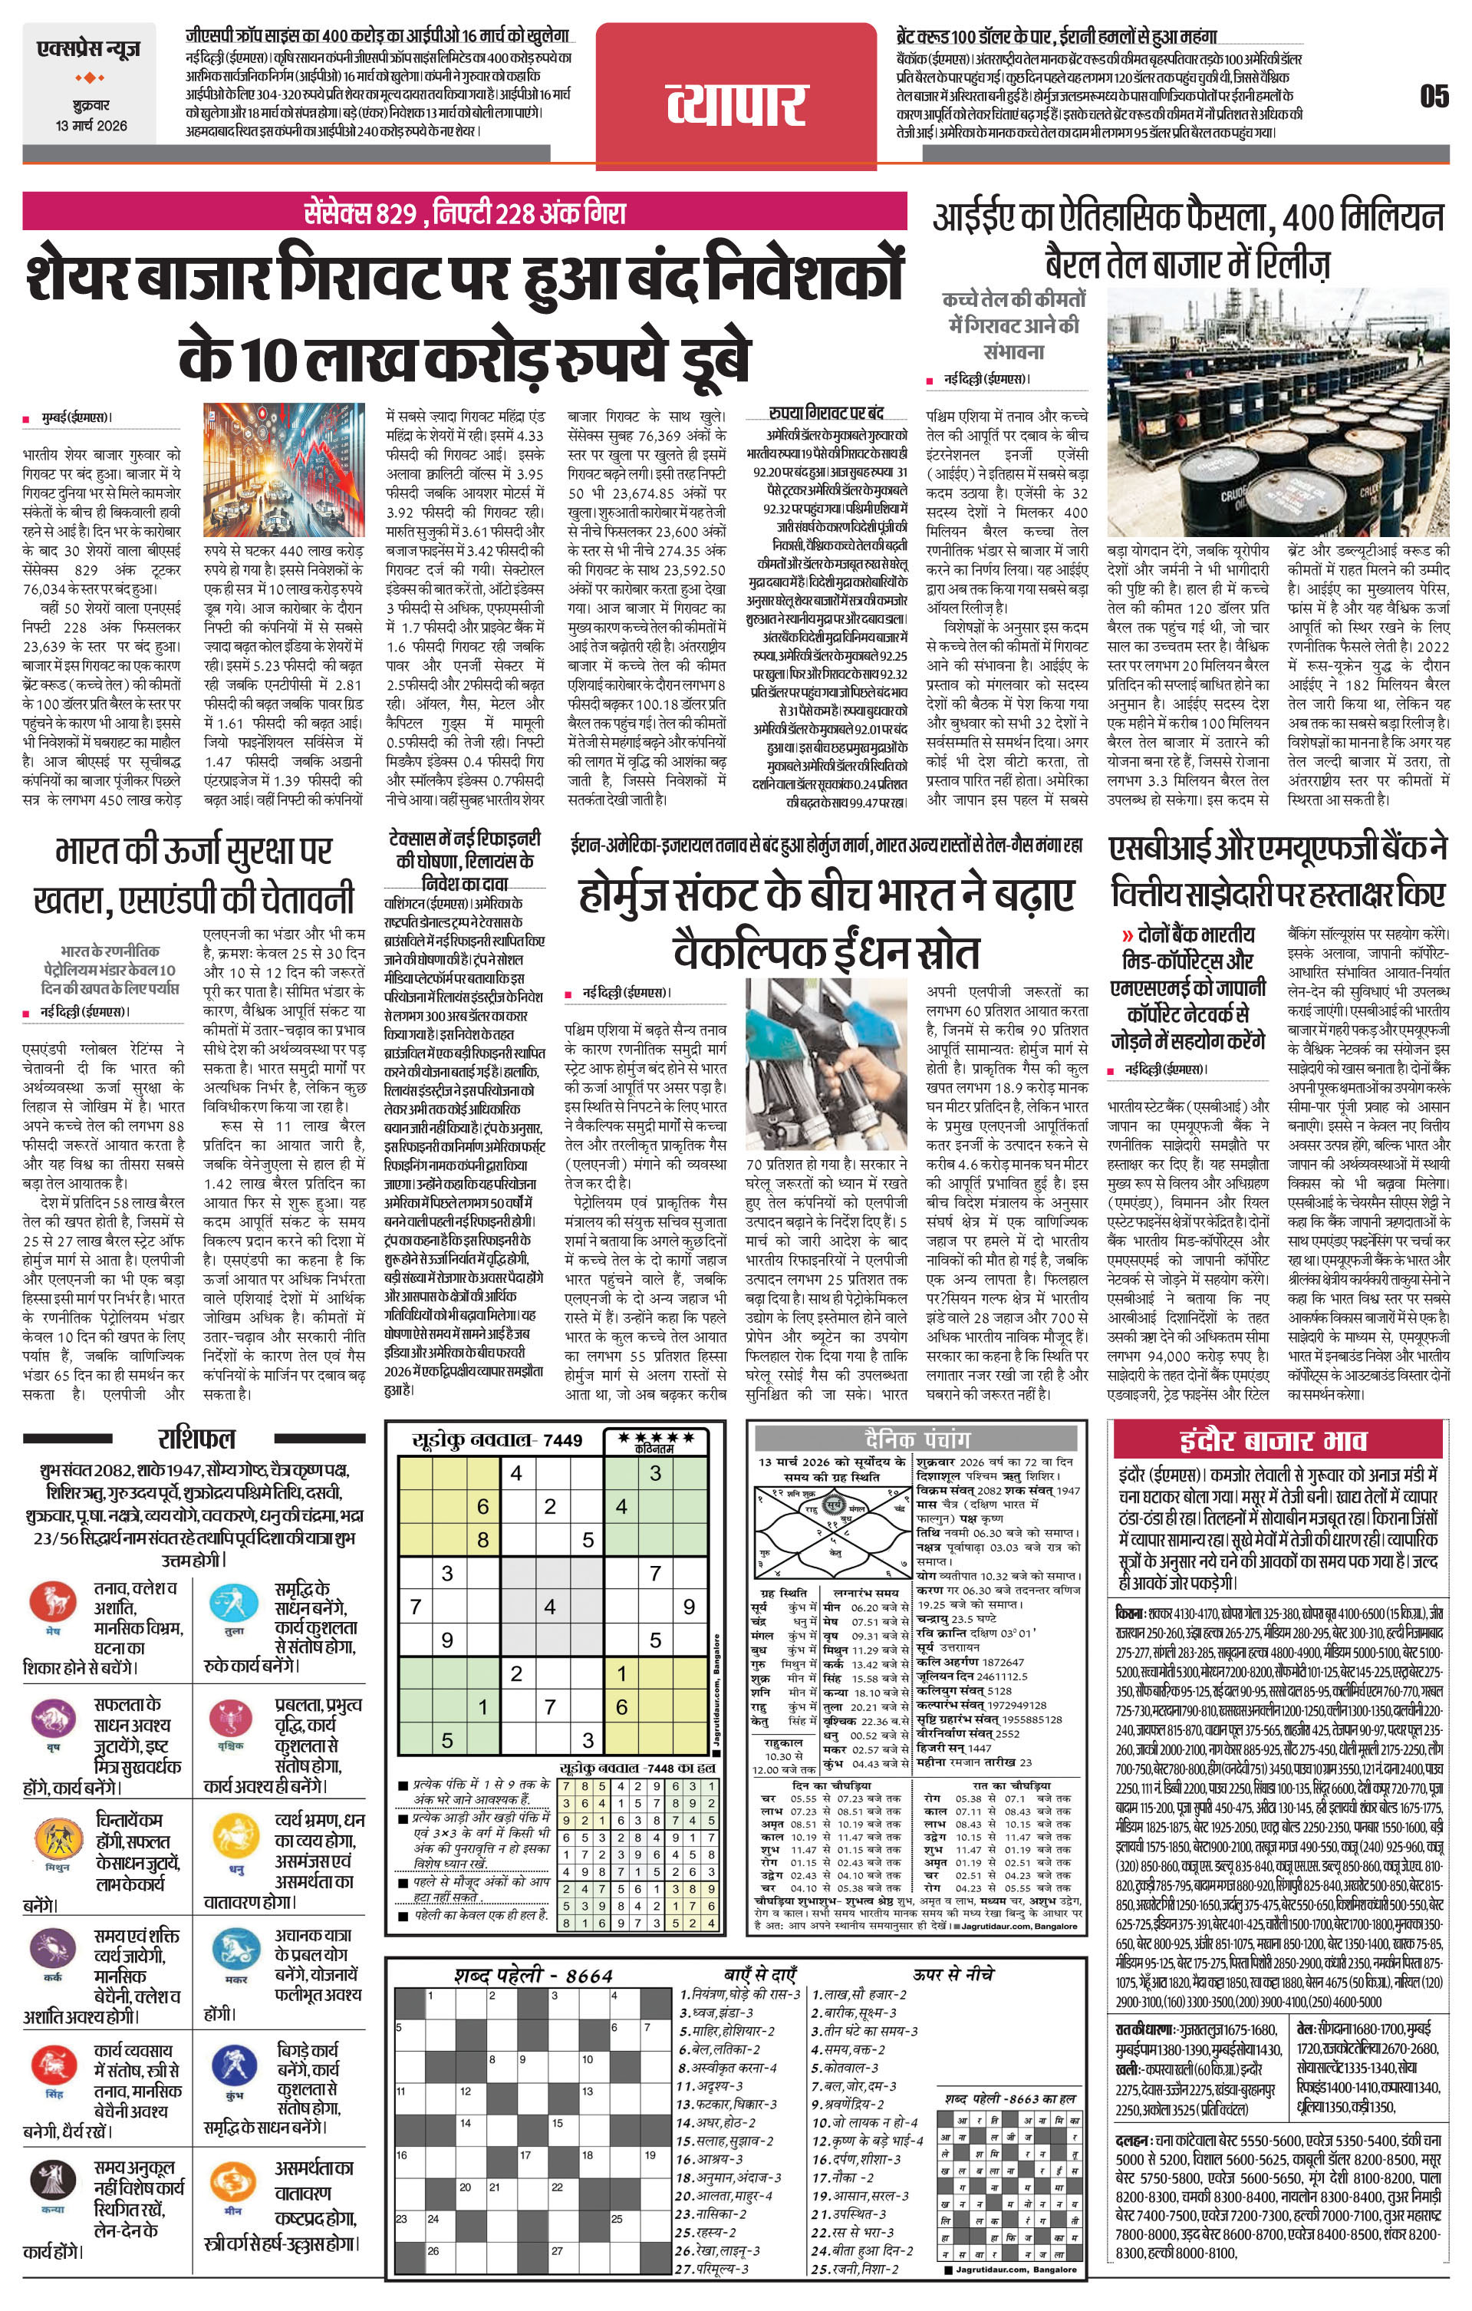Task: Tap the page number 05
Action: click(1434, 96)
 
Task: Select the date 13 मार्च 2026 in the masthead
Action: click(91, 126)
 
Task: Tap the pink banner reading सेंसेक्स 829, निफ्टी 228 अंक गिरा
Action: click(464, 210)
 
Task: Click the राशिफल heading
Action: click(196, 1438)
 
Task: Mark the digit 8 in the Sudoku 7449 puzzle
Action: click(482, 1541)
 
